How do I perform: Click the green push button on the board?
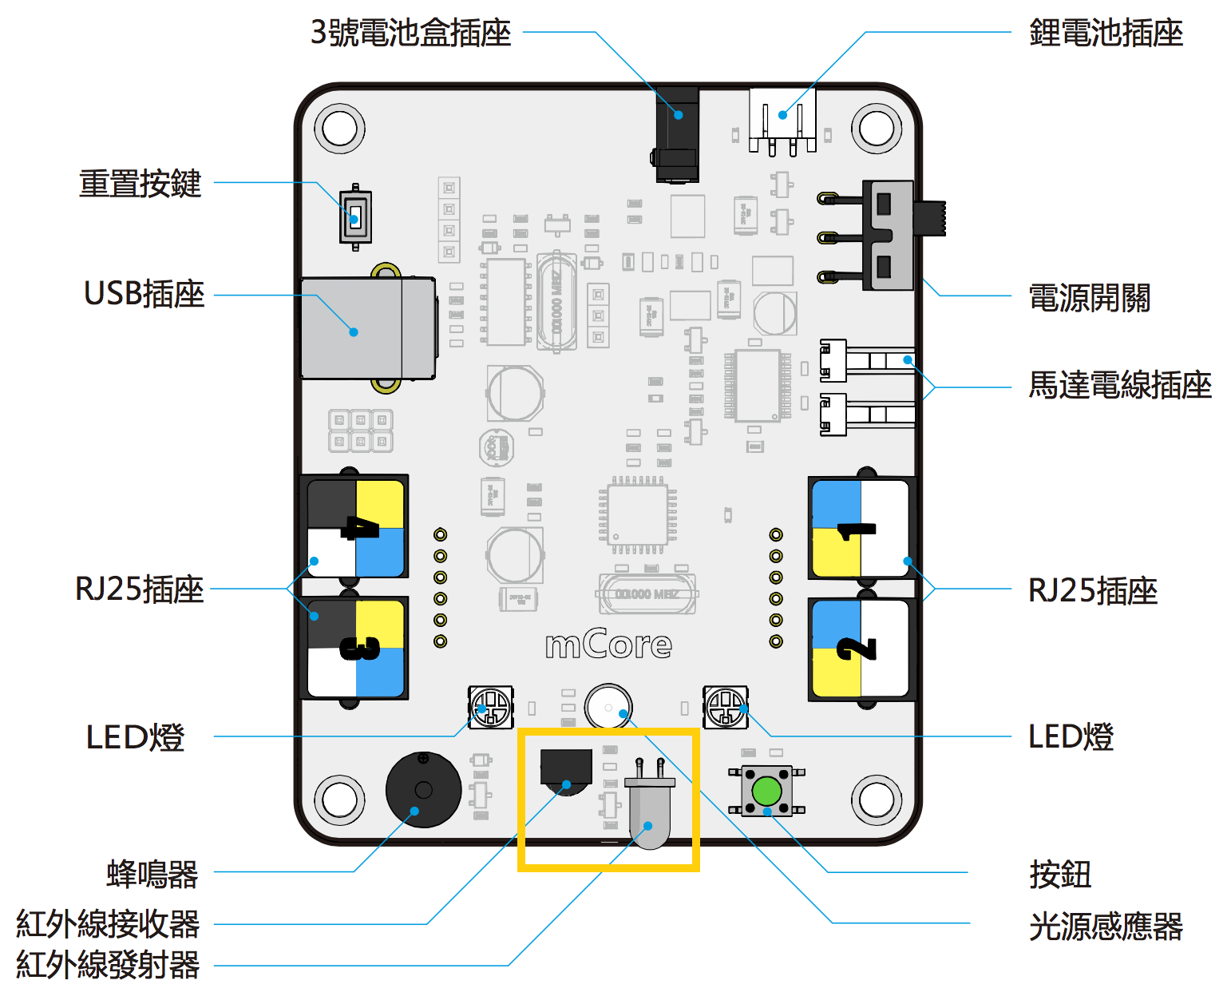766,791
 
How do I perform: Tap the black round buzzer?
423,789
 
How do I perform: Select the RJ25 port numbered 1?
861,529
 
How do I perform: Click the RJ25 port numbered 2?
861,648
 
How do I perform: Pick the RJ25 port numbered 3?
356,648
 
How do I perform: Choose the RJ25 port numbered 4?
356,528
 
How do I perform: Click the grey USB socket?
367,328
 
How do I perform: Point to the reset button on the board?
355,216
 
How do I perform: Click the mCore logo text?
608,645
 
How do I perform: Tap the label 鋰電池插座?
1106,34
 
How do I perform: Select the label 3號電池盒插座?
410,34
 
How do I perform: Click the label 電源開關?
1089,298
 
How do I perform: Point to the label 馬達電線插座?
1119,385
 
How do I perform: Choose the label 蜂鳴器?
152,874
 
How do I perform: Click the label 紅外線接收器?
108,924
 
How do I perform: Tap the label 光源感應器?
1106,927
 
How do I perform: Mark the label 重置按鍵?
140,184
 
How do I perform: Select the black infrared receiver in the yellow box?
566,768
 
